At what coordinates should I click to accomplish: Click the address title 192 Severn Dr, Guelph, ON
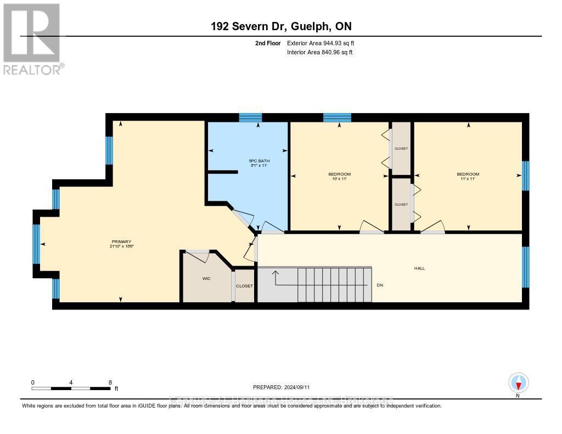281,26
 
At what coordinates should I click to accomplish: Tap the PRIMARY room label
121,242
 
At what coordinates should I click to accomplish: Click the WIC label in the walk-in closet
206,279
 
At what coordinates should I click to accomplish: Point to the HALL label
419,268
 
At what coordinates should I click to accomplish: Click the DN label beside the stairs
379,285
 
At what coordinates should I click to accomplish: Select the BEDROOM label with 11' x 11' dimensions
468,174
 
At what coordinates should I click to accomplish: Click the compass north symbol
518,382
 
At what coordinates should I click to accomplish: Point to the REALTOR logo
32,38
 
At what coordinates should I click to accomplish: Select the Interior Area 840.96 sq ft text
320,53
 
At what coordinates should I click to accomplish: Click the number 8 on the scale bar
110,382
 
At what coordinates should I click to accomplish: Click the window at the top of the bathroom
250,117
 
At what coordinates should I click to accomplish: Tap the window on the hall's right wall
525,267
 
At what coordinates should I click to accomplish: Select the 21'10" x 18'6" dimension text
121,247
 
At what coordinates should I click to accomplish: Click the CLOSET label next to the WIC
244,286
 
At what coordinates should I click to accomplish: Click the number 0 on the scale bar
33,382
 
